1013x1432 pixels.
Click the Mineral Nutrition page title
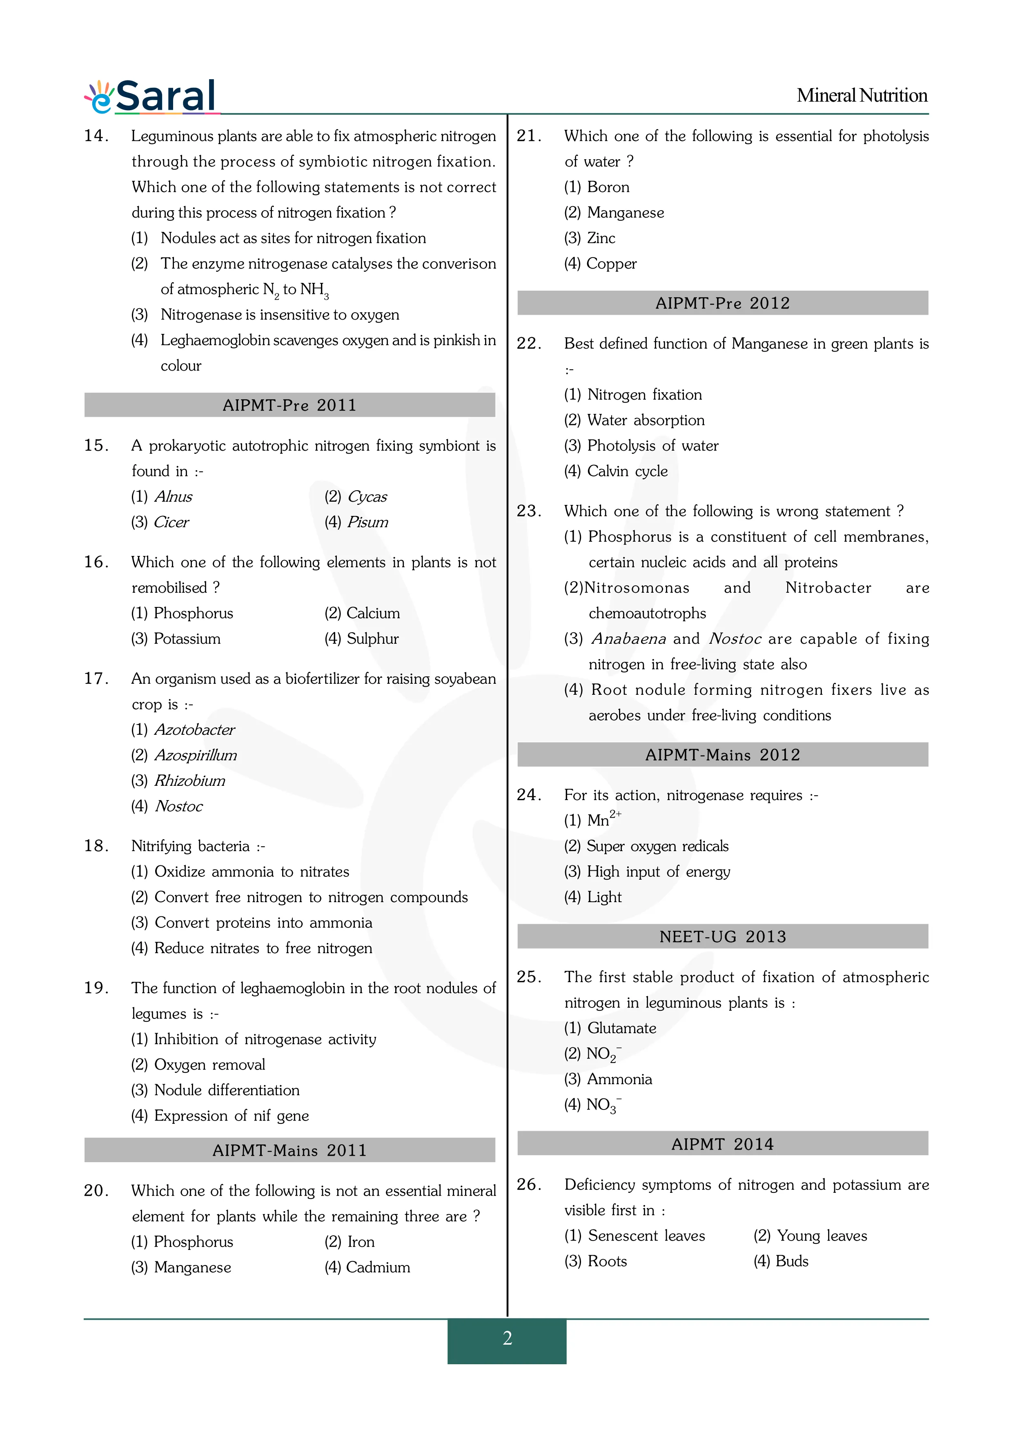point(862,96)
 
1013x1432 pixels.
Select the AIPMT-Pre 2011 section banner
point(289,405)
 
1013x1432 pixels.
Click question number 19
point(96,988)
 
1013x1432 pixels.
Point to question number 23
point(528,511)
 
